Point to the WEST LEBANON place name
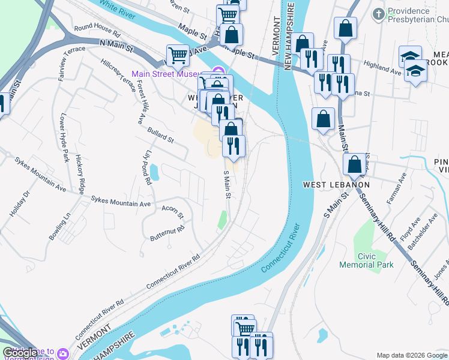pos(336,184)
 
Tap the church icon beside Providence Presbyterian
pos(379,13)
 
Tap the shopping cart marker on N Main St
pos(178,56)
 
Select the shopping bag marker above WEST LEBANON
pos(323,119)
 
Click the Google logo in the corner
pos(20,353)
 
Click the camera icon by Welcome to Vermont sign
pos(63,353)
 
